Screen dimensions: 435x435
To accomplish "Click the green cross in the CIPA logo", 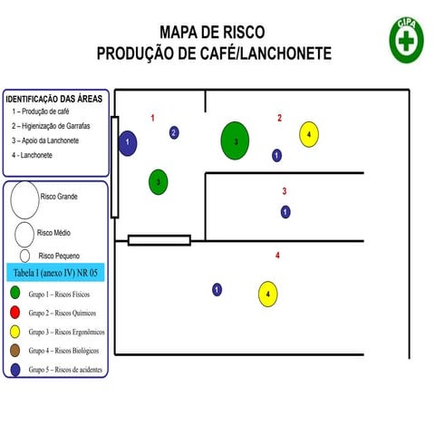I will pyautogui.click(x=406, y=41).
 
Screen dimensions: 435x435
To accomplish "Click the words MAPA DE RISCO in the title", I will pyautogui.click(x=214, y=34).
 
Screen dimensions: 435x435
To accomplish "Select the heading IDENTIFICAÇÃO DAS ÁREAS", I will pyautogui.click(x=54, y=99).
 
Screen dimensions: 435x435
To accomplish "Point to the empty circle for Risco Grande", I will pyautogui.click(x=24, y=199).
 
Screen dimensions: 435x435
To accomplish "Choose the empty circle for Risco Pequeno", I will pyautogui.click(x=25, y=256).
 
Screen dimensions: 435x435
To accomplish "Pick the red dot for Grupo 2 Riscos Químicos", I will pyautogui.click(x=16, y=313).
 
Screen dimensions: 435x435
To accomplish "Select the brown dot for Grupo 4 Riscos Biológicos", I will pyautogui.click(x=16, y=350).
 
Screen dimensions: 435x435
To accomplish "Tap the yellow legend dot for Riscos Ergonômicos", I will pyautogui.click(x=16, y=331).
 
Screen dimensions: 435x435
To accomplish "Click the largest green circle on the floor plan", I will pyautogui.click(x=236, y=140).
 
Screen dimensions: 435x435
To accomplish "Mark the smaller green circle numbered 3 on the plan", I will pyautogui.click(x=159, y=181).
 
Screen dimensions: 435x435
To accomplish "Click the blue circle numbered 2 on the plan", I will pyautogui.click(x=174, y=133).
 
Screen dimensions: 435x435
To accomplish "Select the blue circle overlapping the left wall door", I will pyautogui.click(x=128, y=142).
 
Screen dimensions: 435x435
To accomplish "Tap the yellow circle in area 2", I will pyautogui.click(x=309, y=134).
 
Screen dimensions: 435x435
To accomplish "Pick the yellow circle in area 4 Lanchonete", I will pyautogui.click(x=268, y=295).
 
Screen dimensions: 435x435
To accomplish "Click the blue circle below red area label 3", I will pyautogui.click(x=285, y=212).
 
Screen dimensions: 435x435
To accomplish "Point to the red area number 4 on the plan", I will pyautogui.click(x=277, y=256).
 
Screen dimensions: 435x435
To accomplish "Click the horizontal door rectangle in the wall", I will pyautogui.click(x=159, y=240).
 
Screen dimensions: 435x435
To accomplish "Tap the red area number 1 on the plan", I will pyautogui.click(x=152, y=118).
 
